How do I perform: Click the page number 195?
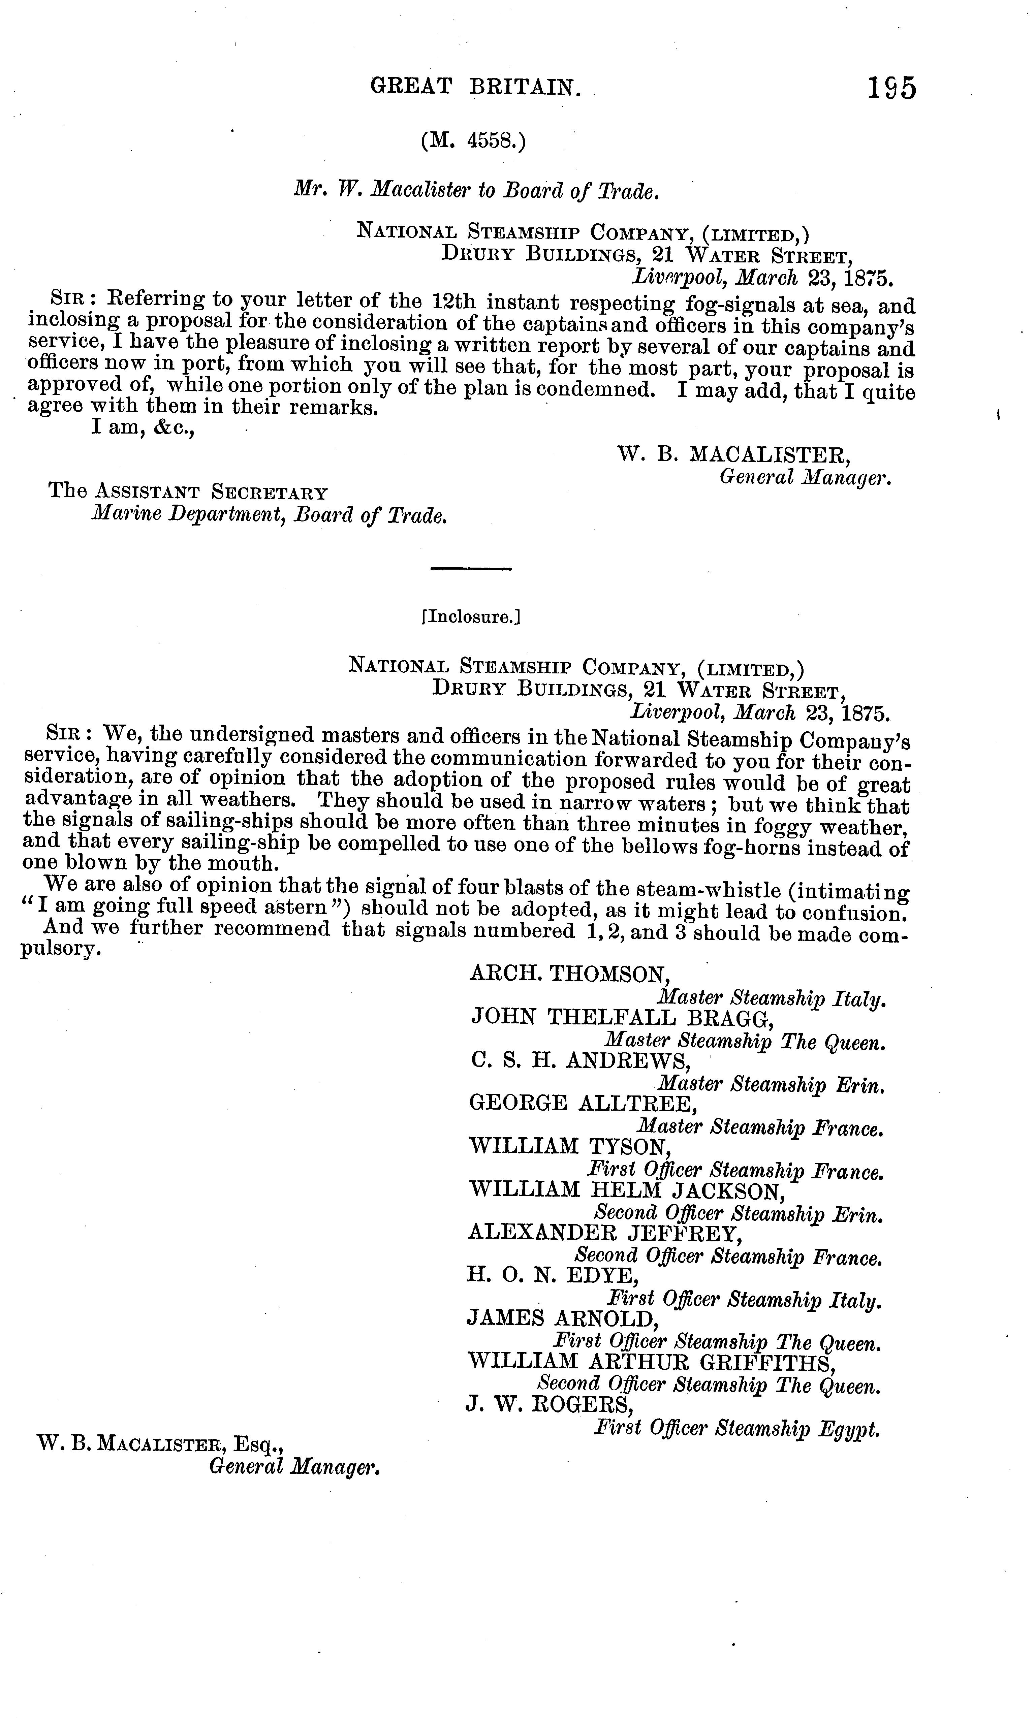click(x=891, y=89)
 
